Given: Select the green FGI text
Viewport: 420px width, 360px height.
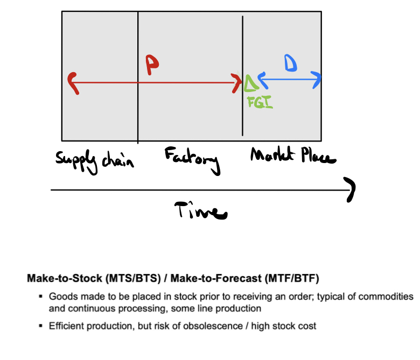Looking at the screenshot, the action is click(x=260, y=102).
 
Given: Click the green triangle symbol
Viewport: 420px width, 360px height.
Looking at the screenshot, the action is click(x=250, y=82).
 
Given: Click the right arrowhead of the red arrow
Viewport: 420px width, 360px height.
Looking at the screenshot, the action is click(x=237, y=82).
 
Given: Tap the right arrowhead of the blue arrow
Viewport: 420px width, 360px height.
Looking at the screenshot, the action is click(x=318, y=80).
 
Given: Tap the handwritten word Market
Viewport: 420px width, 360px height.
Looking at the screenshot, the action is click(x=269, y=157).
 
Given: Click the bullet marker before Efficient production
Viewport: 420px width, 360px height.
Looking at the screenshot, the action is click(x=40, y=326).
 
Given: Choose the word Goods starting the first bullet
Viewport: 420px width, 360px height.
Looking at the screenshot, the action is click(x=60, y=297).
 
